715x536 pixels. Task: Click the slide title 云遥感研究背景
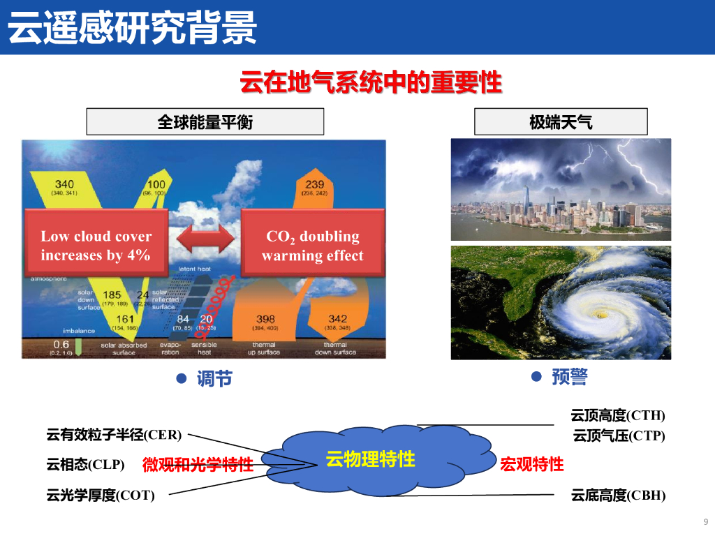133,28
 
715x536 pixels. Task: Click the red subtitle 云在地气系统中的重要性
371,82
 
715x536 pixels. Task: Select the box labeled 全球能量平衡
205,122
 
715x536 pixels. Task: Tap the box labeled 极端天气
561,122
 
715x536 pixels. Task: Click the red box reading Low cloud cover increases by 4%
96,246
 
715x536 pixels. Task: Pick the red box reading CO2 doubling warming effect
312,246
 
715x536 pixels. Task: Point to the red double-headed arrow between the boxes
204,237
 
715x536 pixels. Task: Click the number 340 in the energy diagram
64,184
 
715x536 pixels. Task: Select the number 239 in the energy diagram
314,184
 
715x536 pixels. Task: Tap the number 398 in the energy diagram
265,319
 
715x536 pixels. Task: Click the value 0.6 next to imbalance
61,344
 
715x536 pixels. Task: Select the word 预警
570,378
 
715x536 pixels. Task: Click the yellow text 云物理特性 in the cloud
370,459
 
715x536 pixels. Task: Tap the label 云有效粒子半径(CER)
114,435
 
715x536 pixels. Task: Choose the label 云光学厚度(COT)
101,496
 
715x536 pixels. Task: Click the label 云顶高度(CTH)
618,416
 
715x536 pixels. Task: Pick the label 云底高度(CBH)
618,496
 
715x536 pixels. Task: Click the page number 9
705,521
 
